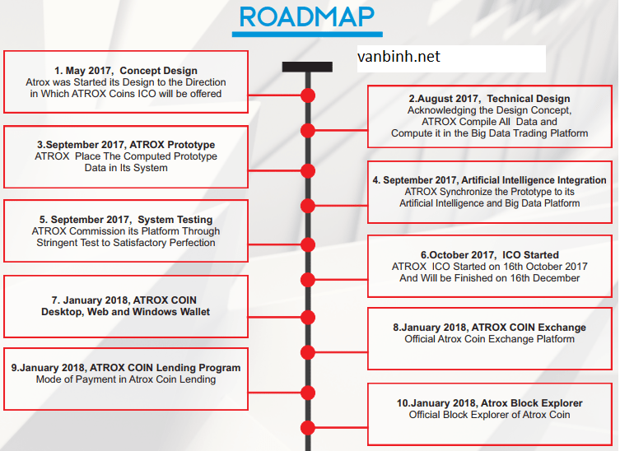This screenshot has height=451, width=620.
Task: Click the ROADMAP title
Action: [307, 17]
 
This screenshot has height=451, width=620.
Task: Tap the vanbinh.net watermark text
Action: [399, 57]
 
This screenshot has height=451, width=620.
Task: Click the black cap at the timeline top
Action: [307, 67]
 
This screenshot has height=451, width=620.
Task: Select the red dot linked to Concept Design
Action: [308, 95]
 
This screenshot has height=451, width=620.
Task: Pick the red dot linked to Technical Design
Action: [308, 130]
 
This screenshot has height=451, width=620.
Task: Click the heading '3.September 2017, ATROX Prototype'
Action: [126, 145]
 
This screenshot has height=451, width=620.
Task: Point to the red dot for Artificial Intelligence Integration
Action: [308, 206]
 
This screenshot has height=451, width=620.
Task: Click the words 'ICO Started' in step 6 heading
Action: [530, 255]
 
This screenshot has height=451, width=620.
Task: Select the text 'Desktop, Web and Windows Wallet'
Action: [126, 312]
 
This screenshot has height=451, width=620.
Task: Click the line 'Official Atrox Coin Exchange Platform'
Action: [490, 339]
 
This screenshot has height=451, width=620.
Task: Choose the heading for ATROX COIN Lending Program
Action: [126, 368]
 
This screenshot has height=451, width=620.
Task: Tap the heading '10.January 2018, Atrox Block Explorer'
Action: [490, 403]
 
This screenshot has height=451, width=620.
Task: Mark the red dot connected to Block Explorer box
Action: [308, 428]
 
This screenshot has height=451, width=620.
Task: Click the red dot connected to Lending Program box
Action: [308, 393]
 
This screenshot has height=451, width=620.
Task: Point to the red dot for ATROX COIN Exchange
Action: [308, 352]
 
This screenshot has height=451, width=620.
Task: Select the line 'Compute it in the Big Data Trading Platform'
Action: [490, 133]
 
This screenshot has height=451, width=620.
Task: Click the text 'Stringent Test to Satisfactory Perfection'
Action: [126, 243]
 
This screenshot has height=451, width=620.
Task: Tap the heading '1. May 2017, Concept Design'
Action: [126, 71]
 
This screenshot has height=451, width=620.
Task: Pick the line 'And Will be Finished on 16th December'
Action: [490, 278]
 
